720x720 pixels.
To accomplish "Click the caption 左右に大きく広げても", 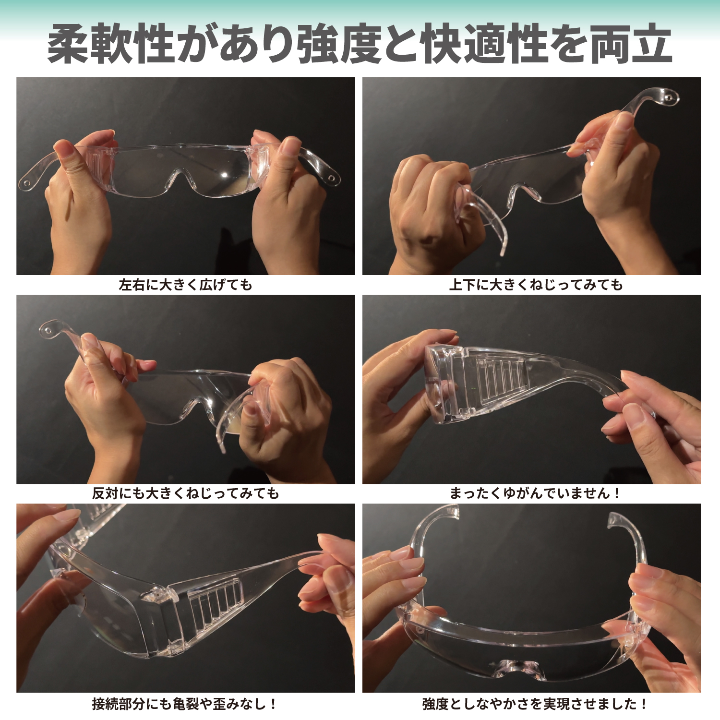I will tap(185, 285).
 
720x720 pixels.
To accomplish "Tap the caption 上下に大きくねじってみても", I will tap(536, 285).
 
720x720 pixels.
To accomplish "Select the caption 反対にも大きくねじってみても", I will tap(185, 493).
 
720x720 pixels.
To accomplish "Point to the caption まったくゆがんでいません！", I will tap(536, 493).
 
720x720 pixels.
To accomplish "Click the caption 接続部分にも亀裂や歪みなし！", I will tap(185, 704).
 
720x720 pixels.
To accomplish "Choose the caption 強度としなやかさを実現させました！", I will tap(536, 704).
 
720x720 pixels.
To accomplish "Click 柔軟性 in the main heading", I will tap(110, 44).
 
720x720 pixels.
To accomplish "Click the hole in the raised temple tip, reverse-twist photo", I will tap(48, 330).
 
